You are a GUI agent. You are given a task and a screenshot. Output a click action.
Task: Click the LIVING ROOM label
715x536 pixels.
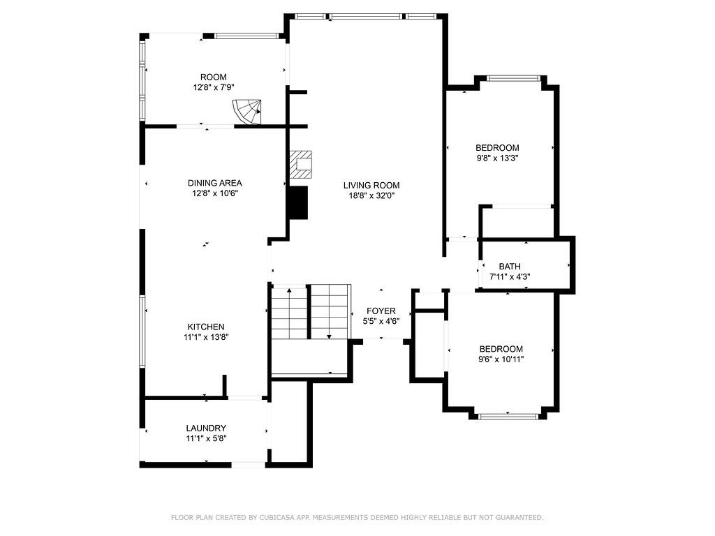point(371,185)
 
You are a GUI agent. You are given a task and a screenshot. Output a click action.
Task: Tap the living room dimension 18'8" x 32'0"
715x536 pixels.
point(371,196)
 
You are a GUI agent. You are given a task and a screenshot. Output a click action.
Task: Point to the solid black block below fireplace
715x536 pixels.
point(298,203)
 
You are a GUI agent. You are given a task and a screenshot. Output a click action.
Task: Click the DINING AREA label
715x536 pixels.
point(214,183)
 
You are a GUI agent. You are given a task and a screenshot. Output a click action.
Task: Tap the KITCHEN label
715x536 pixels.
point(205,327)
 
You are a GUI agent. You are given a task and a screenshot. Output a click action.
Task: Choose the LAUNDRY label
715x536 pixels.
point(205,428)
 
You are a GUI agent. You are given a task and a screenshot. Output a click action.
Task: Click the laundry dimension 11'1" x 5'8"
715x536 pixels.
point(205,439)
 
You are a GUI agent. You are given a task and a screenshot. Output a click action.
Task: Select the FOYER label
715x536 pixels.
point(381,311)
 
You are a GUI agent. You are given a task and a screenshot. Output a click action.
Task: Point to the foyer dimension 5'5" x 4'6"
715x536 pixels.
point(381,322)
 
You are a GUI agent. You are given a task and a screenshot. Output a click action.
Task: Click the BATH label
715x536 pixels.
point(509,267)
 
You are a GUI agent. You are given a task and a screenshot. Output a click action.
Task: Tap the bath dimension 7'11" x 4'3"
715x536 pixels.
point(509,277)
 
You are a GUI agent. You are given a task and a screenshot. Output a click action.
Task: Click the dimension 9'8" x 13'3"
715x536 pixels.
point(497,158)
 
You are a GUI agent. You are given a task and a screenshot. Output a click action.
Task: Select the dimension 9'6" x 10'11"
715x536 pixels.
point(501,359)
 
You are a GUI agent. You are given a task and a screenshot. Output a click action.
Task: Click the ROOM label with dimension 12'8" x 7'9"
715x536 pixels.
point(213,77)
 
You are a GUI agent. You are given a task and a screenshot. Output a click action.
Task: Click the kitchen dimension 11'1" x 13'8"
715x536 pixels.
point(205,337)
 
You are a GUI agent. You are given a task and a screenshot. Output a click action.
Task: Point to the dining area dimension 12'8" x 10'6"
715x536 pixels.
point(214,194)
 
